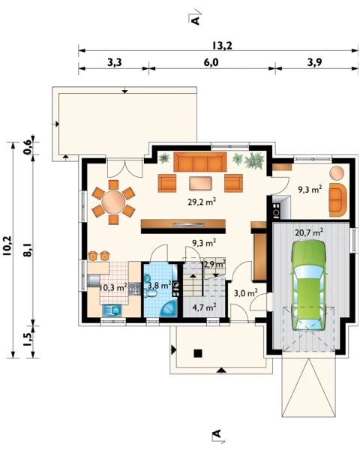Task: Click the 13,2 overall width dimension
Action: tap(222, 46)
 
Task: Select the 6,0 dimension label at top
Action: tap(211, 62)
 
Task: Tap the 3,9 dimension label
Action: tap(314, 62)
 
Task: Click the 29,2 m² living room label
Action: tap(202, 202)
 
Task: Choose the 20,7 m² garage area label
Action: tap(310, 232)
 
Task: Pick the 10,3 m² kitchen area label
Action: tap(113, 287)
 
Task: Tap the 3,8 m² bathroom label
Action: tap(160, 285)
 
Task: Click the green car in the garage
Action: tap(308, 286)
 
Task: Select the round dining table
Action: tap(113, 202)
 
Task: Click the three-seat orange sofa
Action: tap(199, 162)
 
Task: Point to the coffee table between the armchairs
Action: tap(201, 184)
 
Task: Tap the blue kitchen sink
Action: tap(112, 310)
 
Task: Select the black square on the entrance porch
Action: tap(197, 353)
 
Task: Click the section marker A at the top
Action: tap(195, 20)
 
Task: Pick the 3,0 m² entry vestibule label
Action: tap(246, 293)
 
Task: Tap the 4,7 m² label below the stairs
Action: tap(204, 307)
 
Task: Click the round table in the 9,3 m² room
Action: tap(337, 173)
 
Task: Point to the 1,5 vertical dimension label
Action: tap(28, 340)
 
